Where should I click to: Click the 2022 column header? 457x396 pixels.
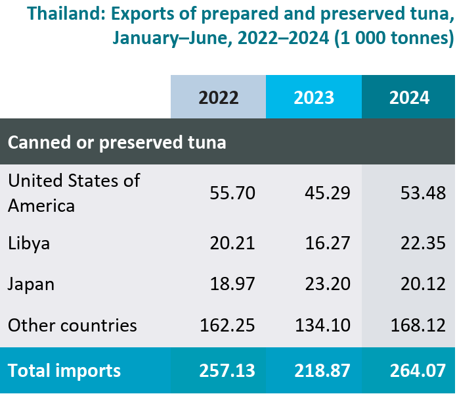coord(218,97)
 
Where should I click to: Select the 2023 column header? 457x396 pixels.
coord(314,97)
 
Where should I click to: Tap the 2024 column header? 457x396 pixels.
coord(409,97)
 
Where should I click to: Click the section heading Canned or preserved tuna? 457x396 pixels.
coord(117,142)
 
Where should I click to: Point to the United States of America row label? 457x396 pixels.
coord(74,193)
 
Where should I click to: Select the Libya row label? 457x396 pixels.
coord(29,243)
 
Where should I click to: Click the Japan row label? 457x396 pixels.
coord(31,284)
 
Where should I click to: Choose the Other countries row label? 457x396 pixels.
coord(72,325)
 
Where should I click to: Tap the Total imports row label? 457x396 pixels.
coord(64,370)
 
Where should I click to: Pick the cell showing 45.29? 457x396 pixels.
coord(328,193)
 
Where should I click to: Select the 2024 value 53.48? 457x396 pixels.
coord(423,193)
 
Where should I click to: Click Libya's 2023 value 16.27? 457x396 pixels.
coord(328,243)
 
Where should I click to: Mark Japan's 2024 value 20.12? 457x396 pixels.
coord(423,284)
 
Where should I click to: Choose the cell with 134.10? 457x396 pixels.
coord(323,325)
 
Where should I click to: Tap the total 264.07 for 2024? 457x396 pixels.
coord(418,370)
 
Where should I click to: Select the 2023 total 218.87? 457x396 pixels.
coord(323,370)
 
